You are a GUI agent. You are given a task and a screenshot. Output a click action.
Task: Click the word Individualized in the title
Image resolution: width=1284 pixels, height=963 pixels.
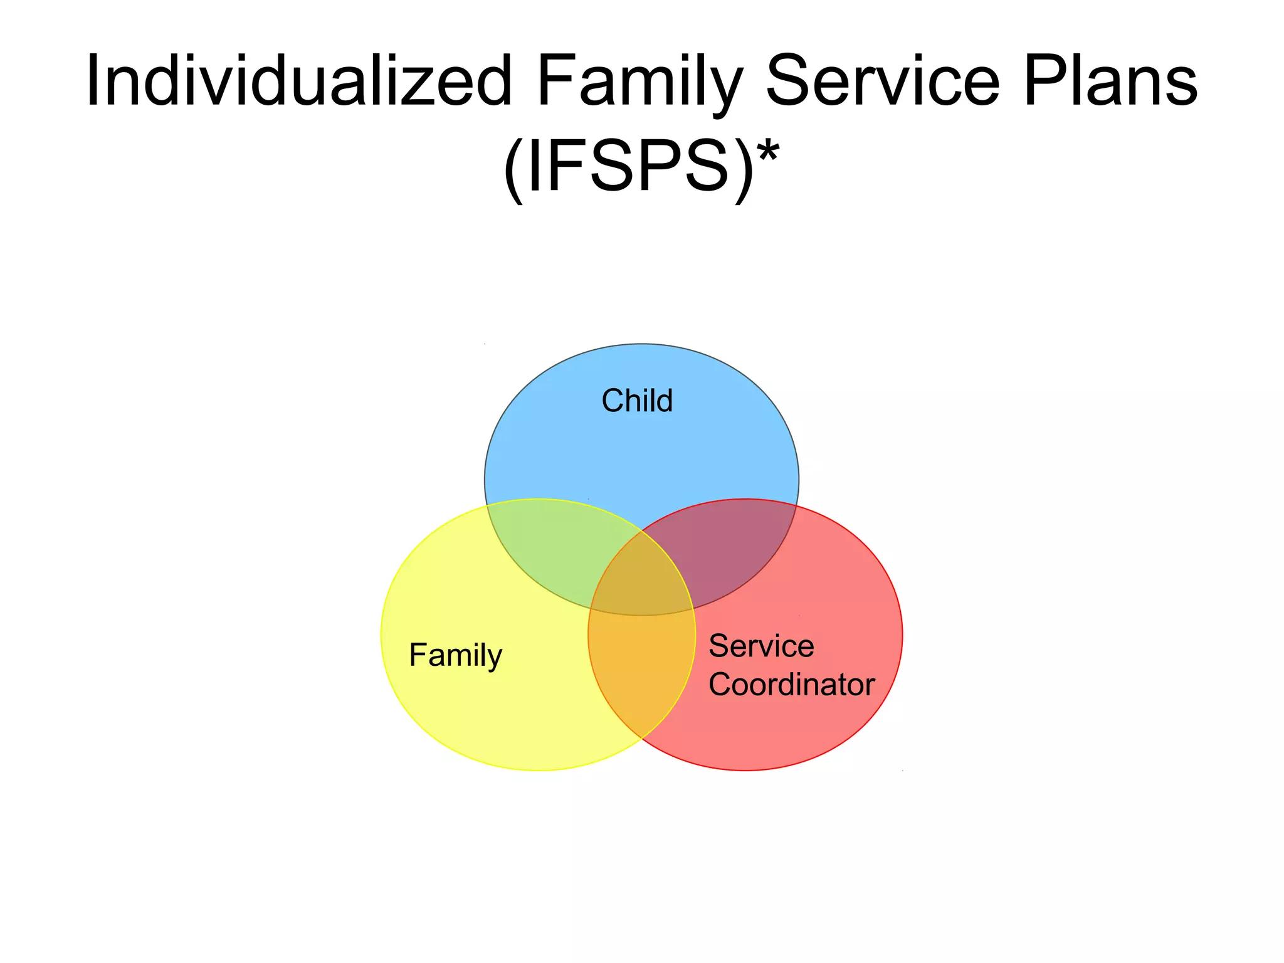(x=299, y=82)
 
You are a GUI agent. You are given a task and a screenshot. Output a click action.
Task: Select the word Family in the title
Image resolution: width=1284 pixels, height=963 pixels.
(x=639, y=82)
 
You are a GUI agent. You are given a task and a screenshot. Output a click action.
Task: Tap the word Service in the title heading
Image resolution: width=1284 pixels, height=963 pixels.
(x=883, y=82)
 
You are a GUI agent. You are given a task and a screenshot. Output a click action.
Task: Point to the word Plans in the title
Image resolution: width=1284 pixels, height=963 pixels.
(x=1110, y=82)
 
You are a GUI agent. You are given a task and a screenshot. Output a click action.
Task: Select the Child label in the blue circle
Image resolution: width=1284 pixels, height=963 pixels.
(x=637, y=401)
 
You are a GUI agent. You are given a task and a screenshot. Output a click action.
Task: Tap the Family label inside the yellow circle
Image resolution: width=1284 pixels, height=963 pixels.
(x=455, y=655)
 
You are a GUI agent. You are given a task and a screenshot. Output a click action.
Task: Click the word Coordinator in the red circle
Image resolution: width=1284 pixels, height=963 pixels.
(x=791, y=684)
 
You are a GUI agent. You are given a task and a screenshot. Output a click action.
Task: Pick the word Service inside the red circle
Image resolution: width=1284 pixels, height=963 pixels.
(x=761, y=646)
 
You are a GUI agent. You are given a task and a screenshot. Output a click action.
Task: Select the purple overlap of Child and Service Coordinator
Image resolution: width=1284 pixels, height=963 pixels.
(x=727, y=552)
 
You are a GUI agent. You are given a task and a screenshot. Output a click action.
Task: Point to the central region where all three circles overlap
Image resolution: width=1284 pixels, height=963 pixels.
(x=641, y=583)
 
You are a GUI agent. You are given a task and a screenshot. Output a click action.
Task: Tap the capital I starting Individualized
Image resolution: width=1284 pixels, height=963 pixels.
(x=93, y=82)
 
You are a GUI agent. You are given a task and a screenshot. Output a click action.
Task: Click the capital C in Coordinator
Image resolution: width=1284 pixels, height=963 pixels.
(x=721, y=684)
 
